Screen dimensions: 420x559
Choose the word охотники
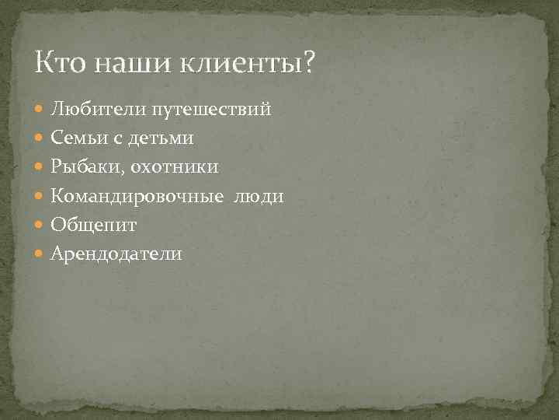(175, 166)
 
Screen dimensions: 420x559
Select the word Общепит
(94, 225)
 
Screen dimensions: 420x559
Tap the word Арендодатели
(116, 253)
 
